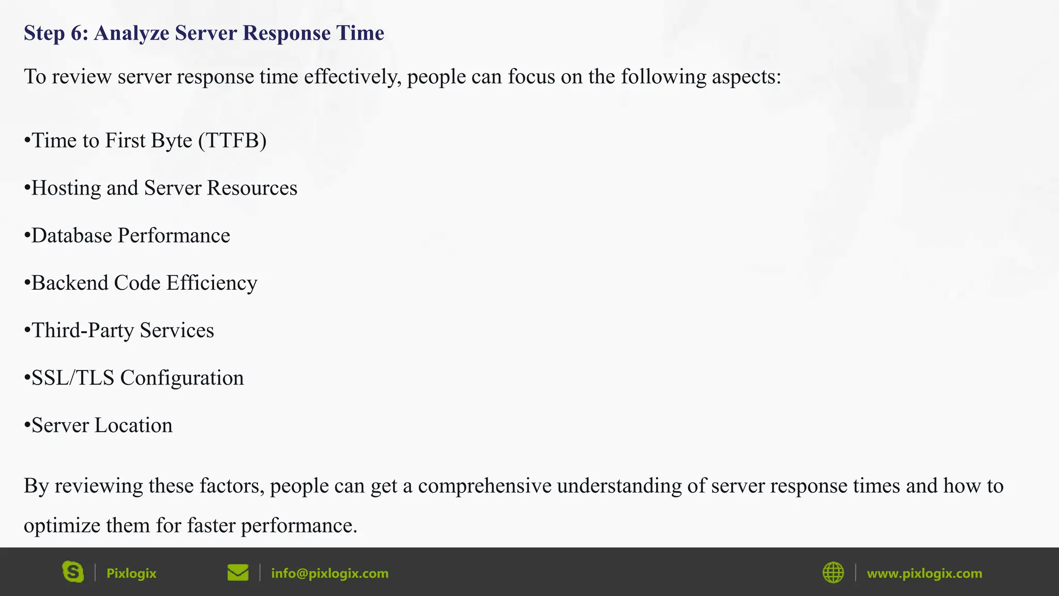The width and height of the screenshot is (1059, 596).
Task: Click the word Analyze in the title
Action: point(131,33)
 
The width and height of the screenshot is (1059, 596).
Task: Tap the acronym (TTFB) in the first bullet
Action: point(232,141)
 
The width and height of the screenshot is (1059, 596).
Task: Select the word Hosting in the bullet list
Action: point(66,188)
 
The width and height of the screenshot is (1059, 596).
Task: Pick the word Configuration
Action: point(181,378)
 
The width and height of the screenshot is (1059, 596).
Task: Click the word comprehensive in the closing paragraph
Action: point(485,486)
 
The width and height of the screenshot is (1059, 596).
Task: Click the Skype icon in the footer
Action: point(73,572)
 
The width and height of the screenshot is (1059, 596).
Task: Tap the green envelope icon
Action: point(238,573)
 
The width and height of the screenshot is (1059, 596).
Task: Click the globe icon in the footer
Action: point(833,573)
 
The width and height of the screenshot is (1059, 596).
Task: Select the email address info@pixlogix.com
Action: point(329,573)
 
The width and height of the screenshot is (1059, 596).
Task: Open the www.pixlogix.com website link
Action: point(924,573)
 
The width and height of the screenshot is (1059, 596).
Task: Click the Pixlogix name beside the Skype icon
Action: point(131,573)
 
